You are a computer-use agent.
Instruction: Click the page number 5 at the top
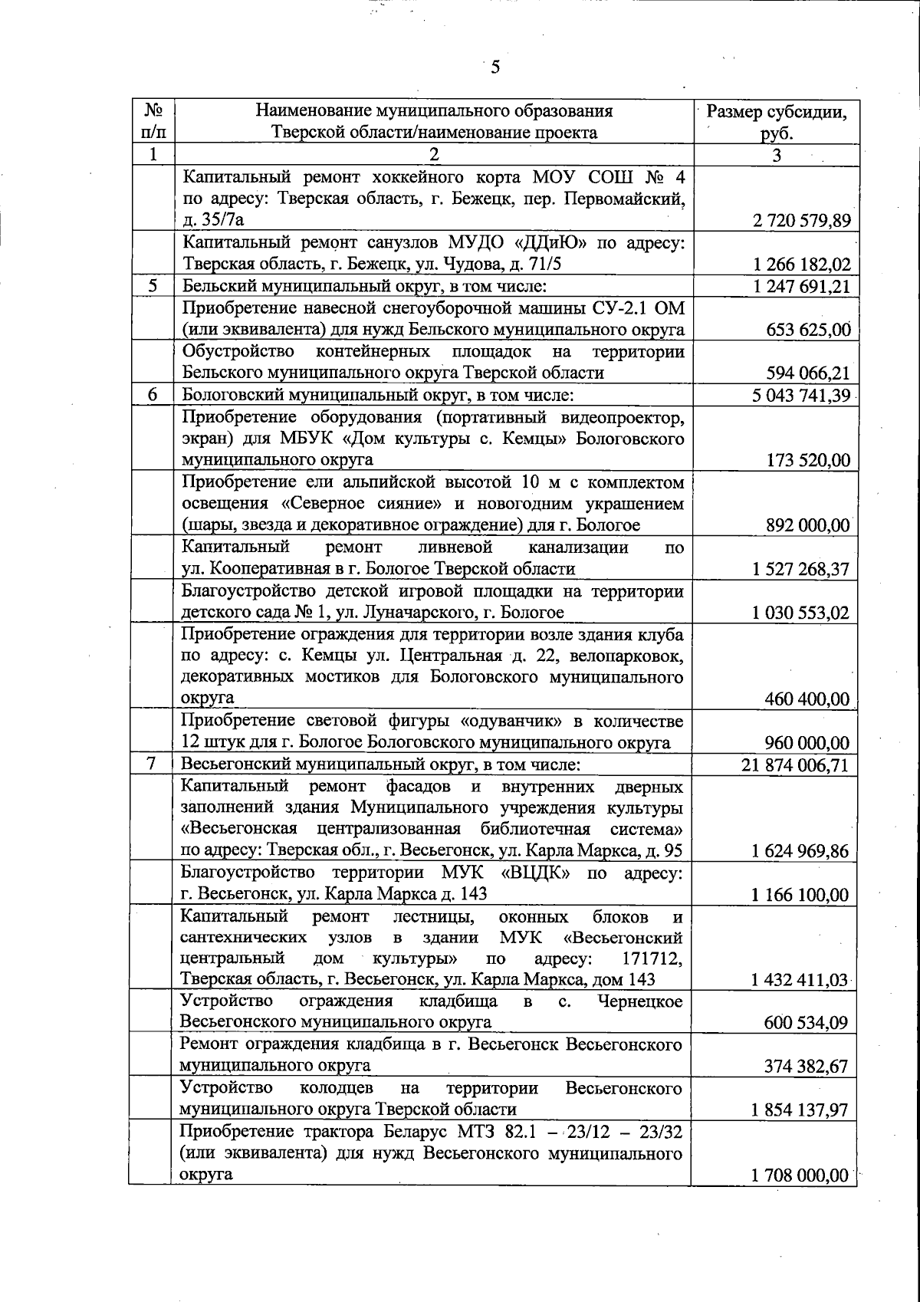pos(495,67)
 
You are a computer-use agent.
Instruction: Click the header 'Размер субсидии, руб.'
pos(777,122)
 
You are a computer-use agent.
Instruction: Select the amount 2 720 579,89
pos(802,222)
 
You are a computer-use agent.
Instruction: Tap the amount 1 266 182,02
pos(802,265)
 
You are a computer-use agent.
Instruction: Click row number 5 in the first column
pos(153,287)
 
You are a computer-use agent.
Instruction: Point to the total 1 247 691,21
pos(802,287)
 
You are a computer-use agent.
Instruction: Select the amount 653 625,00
pos(808,330)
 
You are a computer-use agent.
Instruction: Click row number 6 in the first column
pos(153,395)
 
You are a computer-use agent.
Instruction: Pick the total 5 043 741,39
pos(802,395)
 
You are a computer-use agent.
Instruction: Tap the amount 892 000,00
pos(808,525)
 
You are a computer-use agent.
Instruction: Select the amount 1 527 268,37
pos(802,569)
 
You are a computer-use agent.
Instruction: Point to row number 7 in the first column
pos(153,764)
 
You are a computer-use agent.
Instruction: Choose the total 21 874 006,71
pos(797,764)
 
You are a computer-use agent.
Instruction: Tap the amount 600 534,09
pos(808,1023)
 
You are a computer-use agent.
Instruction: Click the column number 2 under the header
pos(434,155)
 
